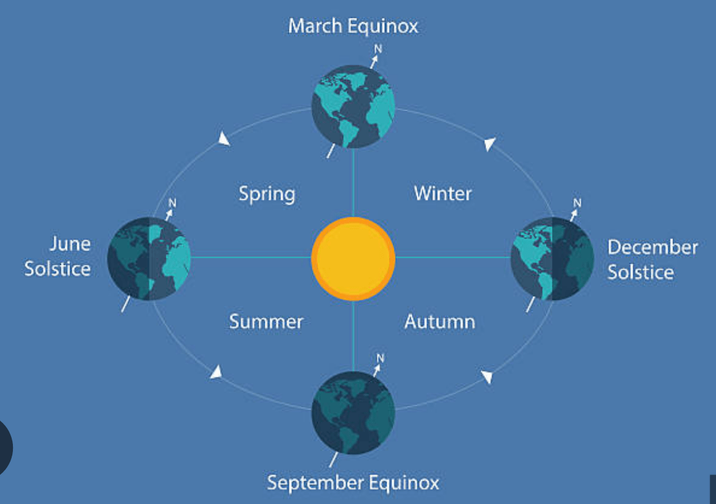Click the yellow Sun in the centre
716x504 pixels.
353,258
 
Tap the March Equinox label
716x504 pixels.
353,26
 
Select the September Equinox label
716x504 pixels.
353,482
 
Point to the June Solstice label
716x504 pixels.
58,256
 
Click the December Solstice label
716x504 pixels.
653,259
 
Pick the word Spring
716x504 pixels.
267,194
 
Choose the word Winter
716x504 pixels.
443,194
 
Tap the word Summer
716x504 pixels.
266,322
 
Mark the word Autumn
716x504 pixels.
439,322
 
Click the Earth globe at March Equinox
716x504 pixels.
353,106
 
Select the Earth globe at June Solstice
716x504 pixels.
149,258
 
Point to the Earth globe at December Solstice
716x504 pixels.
552,258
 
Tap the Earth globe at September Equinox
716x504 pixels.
353,412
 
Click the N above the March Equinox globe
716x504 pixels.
378,49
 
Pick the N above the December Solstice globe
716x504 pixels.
578,203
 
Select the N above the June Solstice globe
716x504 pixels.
172,203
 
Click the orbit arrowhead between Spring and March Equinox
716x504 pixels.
224,139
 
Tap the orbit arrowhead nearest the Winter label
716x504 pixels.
489,143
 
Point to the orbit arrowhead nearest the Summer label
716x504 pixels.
216,372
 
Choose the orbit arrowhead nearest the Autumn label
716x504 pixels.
487,377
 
